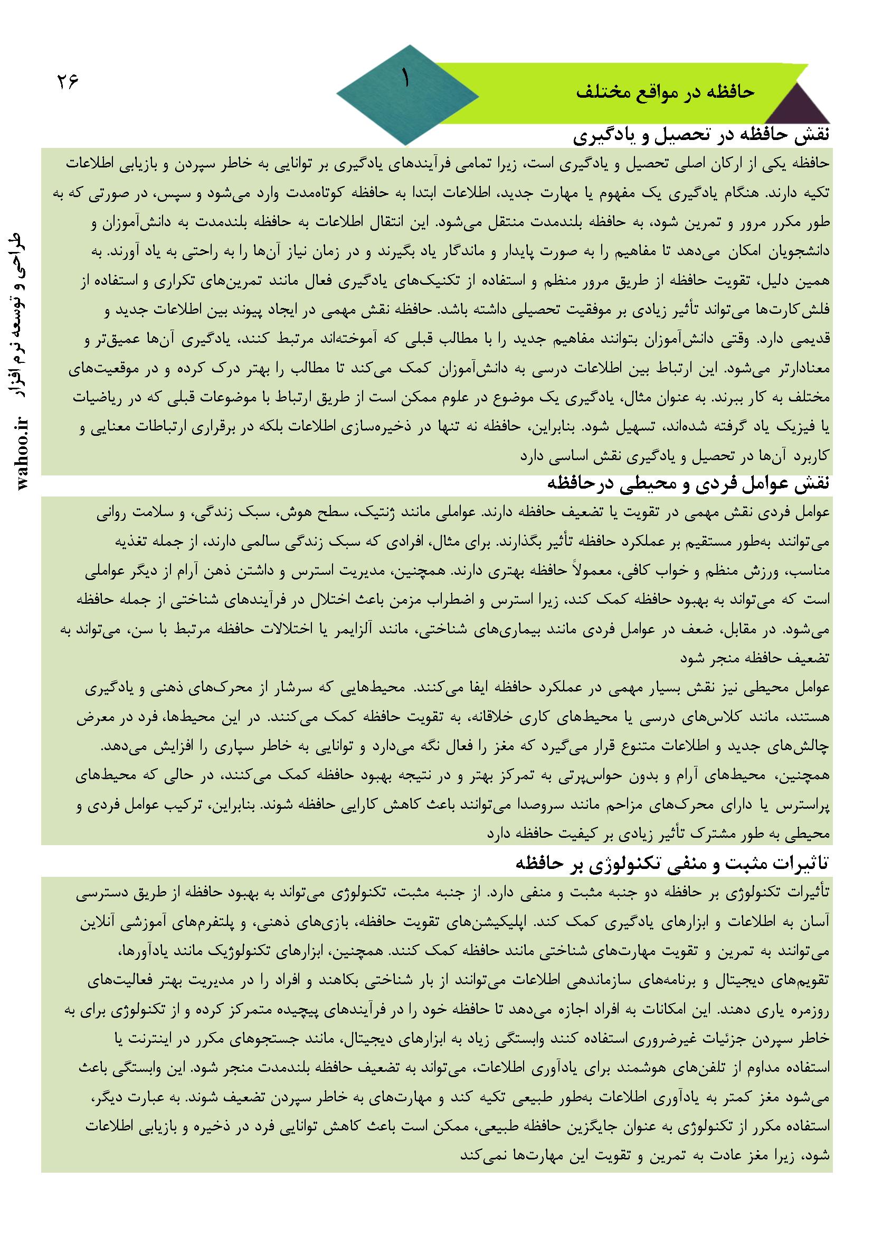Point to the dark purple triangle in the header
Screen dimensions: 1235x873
[800, 106]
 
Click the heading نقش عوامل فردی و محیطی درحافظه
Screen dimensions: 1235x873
[689, 482]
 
